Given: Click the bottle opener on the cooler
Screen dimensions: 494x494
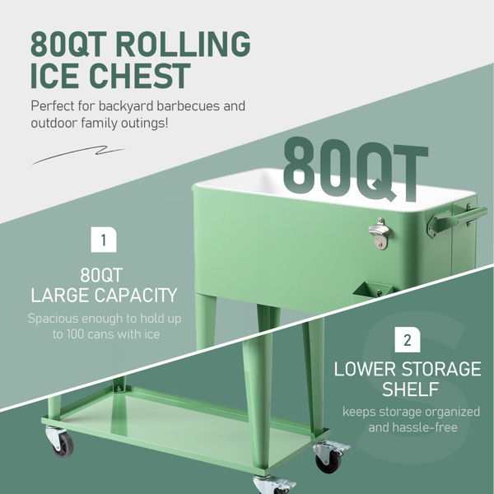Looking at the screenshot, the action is (x=380, y=234).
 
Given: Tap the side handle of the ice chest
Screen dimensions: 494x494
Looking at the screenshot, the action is (x=457, y=219).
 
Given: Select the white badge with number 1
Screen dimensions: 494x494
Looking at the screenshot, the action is (x=104, y=240).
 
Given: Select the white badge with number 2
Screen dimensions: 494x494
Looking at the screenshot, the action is (x=408, y=339).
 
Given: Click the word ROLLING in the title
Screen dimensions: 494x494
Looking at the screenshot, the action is (x=183, y=44).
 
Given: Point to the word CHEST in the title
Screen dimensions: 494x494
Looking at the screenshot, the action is (x=140, y=76).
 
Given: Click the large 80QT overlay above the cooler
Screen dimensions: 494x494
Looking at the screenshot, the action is (x=356, y=169).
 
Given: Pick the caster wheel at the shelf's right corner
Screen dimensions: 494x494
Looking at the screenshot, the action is (x=330, y=457).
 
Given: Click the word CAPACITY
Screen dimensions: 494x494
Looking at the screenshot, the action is (x=136, y=296).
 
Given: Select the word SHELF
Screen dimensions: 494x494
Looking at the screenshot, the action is (x=411, y=389).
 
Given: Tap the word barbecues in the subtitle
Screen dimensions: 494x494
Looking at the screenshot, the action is (x=188, y=106).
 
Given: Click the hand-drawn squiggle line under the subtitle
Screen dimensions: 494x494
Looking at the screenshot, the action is (x=78, y=155).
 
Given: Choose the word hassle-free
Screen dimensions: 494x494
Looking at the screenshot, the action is (x=430, y=427).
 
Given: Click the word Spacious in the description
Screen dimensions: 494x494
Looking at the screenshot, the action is (x=53, y=319).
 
